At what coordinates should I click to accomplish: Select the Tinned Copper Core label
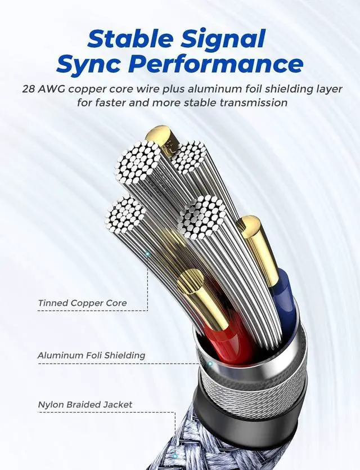tap(83, 303)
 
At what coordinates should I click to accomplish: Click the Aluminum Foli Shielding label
tap(91, 355)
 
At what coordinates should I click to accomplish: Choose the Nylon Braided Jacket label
tap(85, 404)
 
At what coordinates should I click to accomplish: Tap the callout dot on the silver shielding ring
tap(210, 364)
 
